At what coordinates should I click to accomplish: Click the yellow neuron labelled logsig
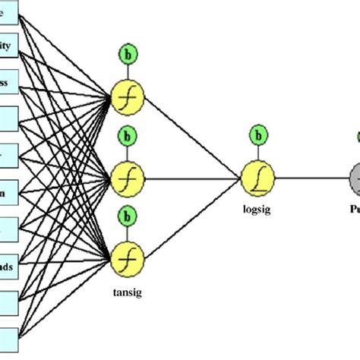pyautogui.click(x=257, y=179)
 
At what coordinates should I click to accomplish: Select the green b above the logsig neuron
pyautogui.click(x=259, y=137)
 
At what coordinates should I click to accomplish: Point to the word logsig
pyautogui.click(x=256, y=213)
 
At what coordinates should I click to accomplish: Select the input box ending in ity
pyautogui.click(x=8, y=46)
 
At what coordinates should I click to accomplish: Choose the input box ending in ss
pyautogui.click(x=8, y=81)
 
